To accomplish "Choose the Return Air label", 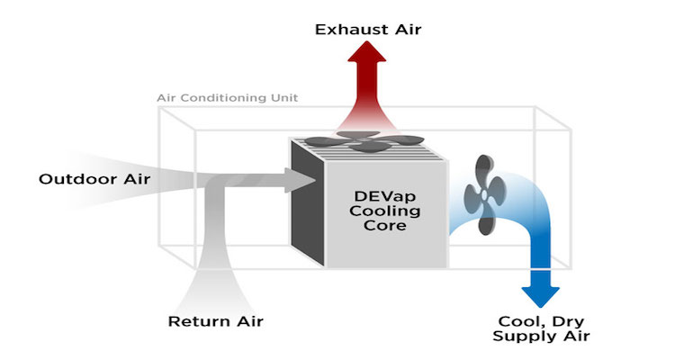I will click(x=216, y=321).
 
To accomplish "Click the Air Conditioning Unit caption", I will click(x=227, y=97).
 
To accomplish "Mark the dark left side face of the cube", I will click(x=302, y=216).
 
